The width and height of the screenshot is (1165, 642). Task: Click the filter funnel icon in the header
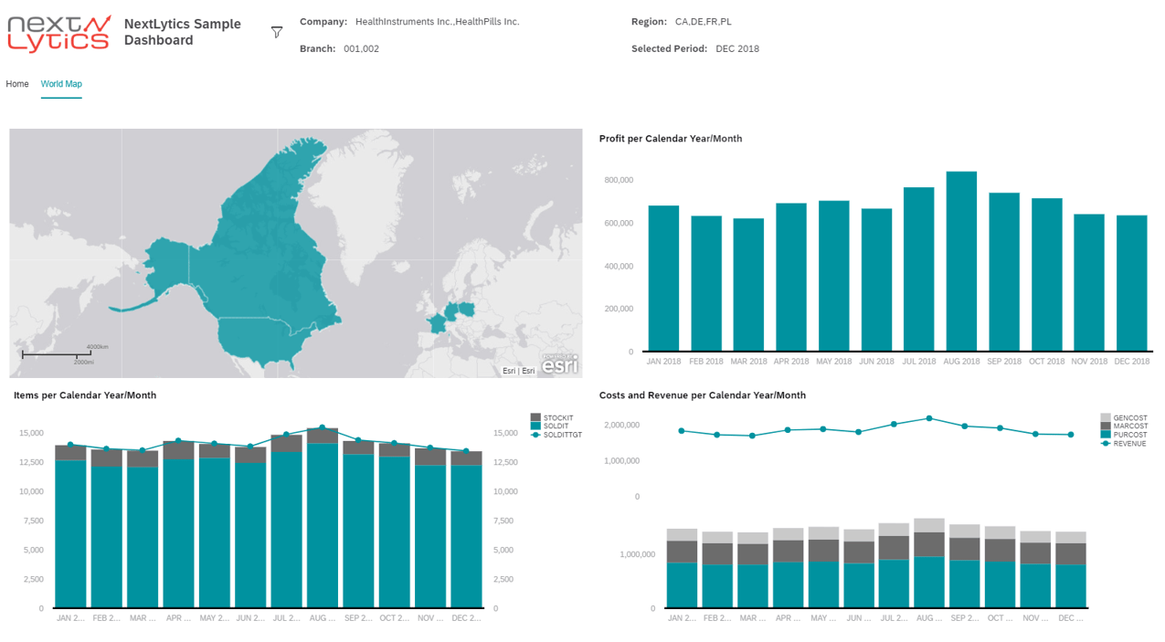pyautogui.click(x=277, y=33)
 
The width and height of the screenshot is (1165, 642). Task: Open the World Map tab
pyautogui.click(x=61, y=84)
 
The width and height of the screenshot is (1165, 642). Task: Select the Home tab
pyautogui.click(x=17, y=84)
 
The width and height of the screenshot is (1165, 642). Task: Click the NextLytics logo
pyautogui.click(x=59, y=33)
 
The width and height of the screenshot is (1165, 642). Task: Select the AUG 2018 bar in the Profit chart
pyautogui.click(x=961, y=261)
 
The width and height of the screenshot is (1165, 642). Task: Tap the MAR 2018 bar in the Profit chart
pyautogui.click(x=748, y=284)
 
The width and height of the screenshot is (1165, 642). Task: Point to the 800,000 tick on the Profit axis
pyautogui.click(x=619, y=181)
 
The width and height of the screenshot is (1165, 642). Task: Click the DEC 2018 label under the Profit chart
pyautogui.click(x=1132, y=362)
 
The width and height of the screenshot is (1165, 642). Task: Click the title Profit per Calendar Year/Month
pyautogui.click(x=670, y=139)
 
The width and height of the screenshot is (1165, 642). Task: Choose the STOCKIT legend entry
pyautogui.click(x=557, y=418)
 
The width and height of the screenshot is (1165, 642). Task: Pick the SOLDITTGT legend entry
pyautogui.click(x=561, y=435)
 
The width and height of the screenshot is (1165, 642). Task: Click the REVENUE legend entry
pyautogui.click(x=1128, y=444)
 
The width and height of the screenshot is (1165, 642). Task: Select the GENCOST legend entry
pyautogui.click(x=1128, y=418)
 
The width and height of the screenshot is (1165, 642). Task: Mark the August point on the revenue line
pyautogui.click(x=928, y=418)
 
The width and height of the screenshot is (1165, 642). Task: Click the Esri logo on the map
pyautogui.click(x=559, y=364)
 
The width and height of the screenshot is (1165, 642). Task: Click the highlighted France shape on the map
pyautogui.click(x=438, y=323)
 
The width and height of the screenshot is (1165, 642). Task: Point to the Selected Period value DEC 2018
pyautogui.click(x=736, y=49)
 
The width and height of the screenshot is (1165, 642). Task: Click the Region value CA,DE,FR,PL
pyautogui.click(x=703, y=22)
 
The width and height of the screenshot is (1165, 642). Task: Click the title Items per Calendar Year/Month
pyautogui.click(x=85, y=395)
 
